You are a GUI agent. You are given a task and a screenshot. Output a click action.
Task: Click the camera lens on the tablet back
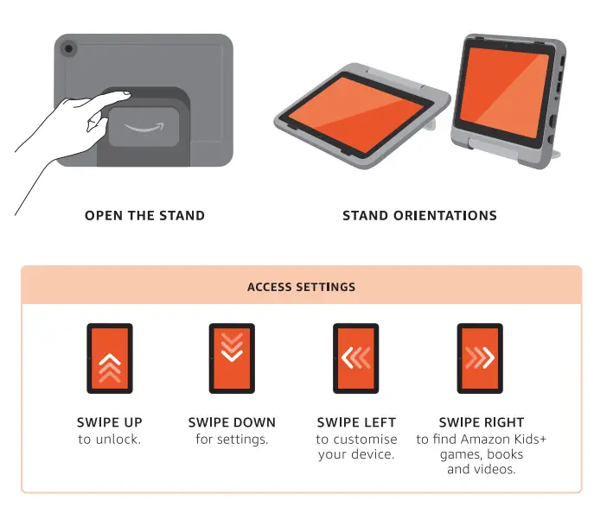tap(67, 48)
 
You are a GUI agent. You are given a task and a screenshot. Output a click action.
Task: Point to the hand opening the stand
tap(69, 130)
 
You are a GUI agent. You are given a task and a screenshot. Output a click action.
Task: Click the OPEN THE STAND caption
tap(144, 215)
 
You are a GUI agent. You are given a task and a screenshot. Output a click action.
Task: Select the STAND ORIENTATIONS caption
tap(419, 215)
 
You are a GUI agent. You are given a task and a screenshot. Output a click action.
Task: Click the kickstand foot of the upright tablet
tap(553, 154)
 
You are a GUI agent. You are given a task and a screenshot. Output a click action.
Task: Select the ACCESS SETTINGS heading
tap(301, 287)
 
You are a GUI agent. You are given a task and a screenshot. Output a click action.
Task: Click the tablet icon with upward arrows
tap(109, 358)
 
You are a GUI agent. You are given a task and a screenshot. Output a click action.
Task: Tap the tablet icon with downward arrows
tap(232, 358)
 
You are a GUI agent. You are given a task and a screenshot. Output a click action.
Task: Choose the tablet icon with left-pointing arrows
tap(355, 358)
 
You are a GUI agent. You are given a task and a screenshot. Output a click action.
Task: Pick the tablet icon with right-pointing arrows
tap(480, 358)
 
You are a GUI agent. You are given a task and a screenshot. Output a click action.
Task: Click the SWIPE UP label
tap(110, 422)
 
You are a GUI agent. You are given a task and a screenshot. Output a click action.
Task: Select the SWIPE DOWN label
tap(232, 422)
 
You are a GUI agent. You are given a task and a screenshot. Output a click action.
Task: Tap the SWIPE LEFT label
tap(356, 422)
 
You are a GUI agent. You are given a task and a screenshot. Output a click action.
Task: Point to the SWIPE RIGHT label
tap(481, 422)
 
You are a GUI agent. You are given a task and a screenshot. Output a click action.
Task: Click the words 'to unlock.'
tap(110, 439)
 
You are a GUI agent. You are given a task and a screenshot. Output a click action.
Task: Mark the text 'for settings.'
tap(232, 439)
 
